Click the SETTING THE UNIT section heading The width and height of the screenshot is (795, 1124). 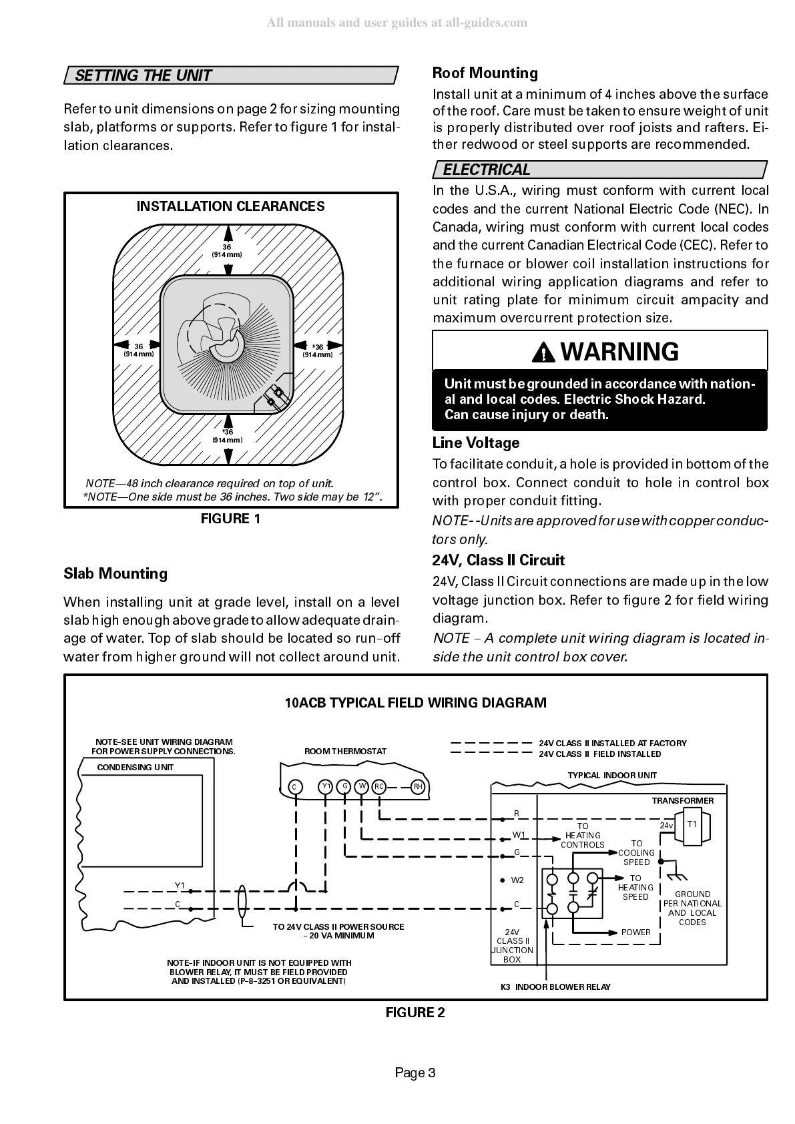[143, 75]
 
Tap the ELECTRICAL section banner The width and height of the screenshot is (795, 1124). [487, 170]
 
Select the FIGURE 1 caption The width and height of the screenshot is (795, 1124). [230, 519]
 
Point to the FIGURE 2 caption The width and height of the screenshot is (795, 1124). [415, 1013]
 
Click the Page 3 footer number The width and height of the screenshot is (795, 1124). [415, 1073]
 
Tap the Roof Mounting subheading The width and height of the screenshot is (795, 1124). [485, 73]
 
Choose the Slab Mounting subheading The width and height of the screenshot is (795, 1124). [115, 573]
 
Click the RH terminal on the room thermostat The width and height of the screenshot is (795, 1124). [418, 787]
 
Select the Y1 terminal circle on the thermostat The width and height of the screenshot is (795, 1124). [326, 786]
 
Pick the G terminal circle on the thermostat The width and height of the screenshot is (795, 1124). [344, 786]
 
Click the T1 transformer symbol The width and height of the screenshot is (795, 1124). [692, 825]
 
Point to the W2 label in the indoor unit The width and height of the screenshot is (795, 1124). [517, 880]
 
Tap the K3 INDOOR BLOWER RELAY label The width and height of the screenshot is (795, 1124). [555, 987]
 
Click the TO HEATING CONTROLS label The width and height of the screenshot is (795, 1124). [583, 836]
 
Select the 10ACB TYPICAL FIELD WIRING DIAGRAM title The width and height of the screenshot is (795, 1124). [415, 703]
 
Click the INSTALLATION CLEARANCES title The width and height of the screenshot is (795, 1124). [230, 206]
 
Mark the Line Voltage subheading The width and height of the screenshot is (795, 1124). [475, 443]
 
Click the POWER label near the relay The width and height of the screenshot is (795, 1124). [635, 932]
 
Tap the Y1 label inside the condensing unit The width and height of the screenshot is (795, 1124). [180, 886]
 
